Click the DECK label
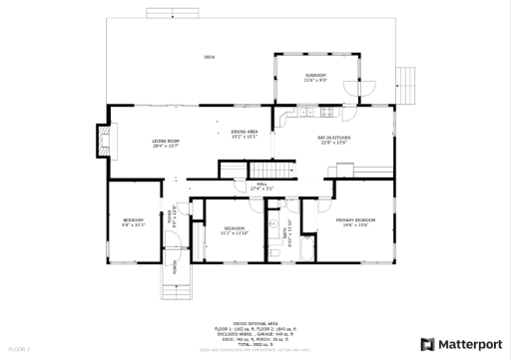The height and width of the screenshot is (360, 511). point(210,57)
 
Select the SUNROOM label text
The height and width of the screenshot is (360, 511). point(315,78)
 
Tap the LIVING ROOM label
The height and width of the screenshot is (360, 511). point(166,143)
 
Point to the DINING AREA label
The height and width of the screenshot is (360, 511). point(245,134)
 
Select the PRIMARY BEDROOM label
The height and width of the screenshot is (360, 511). point(355,220)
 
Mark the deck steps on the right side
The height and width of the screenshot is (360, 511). point(404,80)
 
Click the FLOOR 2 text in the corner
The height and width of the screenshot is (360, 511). point(20,349)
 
